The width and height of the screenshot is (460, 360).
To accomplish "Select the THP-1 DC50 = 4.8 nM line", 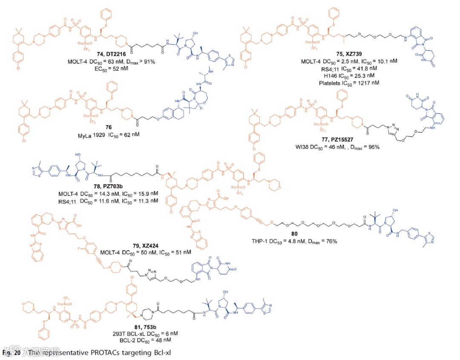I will coord(295,242).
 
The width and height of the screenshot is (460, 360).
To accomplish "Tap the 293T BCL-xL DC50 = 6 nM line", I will coord(138,334).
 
